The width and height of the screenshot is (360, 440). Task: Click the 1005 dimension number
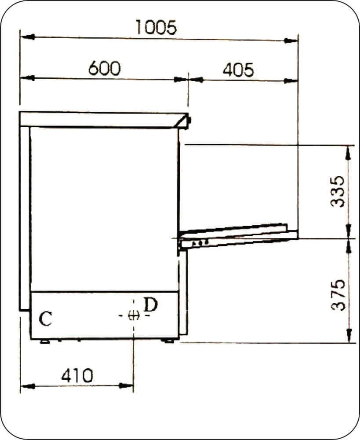tap(156, 27)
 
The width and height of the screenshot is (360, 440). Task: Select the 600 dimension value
tap(104, 69)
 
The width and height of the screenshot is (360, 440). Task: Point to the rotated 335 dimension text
tap(338, 191)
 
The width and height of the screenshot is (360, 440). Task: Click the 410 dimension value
tap(77, 375)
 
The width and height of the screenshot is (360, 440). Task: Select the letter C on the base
tap(45, 319)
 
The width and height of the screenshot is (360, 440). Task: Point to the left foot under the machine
tap(44, 341)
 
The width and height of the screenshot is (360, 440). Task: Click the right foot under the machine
tap(168, 341)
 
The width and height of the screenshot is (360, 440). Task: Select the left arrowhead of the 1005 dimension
tap(27, 37)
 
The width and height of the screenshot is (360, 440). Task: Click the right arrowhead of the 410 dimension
tap(127, 386)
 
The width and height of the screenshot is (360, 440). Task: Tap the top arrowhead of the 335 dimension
tap(349, 151)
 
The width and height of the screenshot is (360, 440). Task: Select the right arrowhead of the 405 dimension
tap(291, 81)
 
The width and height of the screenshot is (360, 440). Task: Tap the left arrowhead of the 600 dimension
tap(27, 78)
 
